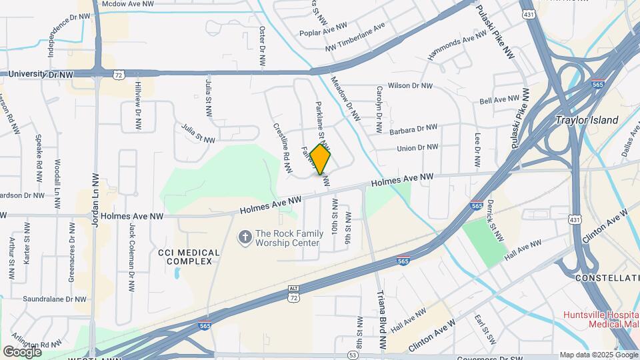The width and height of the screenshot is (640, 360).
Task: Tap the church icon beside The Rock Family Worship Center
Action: (245, 237)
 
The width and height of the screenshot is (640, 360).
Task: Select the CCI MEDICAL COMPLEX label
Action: (189, 257)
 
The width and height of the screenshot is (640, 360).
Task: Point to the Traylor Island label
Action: (587, 121)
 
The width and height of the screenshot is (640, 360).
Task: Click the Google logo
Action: (22, 351)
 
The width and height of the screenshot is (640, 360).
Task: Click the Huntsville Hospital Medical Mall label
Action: (600, 319)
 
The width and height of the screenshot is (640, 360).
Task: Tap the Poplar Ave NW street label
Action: (324, 27)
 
